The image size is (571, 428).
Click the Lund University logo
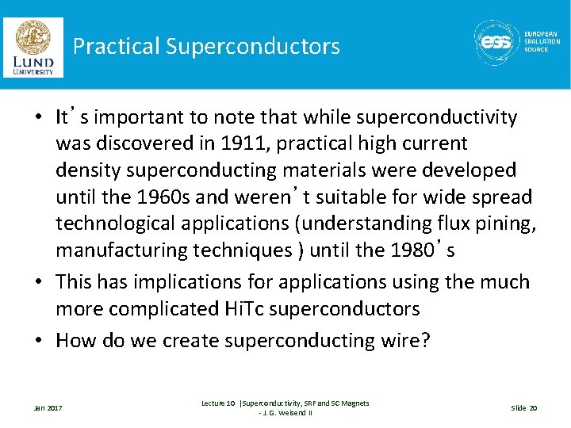click(x=33, y=47)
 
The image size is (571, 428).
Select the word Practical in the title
click(x=116, y=46)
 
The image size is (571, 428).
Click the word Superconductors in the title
click(x=253, y=46)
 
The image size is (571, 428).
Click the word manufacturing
click(x=117, y=250)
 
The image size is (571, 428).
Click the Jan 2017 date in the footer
click(x=48, y=408)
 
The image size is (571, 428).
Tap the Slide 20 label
click(x=523, y=408)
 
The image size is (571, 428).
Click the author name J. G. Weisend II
click(x=285, y=413)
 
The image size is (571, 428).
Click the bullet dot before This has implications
click(x=41, y=282)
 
